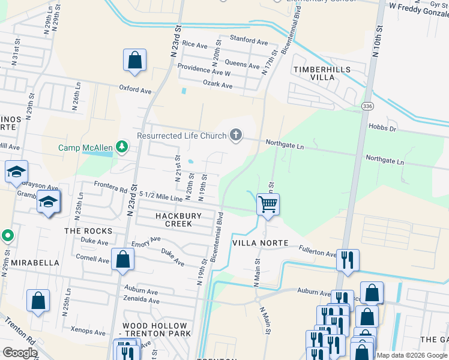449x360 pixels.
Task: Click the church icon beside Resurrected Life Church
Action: coord(236,135)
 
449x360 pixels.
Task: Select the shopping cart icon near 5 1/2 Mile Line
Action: coord(267,204)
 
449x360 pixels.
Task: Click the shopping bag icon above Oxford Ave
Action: coord(134,61)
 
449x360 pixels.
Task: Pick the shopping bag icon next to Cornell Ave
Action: coord(122,259)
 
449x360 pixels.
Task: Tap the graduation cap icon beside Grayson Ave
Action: coord(16,172)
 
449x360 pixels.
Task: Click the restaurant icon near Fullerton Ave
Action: coord(348,260)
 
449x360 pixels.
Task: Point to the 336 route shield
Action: coord(368,106)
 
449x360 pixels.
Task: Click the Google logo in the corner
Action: coord(20,353)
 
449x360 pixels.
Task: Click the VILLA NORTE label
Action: coord(261,243)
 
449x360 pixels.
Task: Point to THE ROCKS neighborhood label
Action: coord(88,231)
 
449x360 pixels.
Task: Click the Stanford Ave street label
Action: coord(249,41)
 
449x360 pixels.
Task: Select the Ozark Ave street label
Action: coord(217,85)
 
